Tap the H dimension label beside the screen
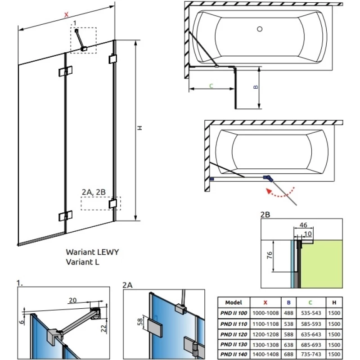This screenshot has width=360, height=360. pos(140,128)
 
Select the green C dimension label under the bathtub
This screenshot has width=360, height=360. pos(211,85)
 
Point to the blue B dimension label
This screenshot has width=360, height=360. pos(255,87)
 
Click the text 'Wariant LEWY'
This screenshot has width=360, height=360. pos(92,252)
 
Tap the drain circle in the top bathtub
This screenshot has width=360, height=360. pos(259,30)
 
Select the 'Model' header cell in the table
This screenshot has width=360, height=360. pos(234,303)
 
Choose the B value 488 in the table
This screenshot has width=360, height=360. pos(288,313)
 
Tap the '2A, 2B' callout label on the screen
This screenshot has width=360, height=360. pos(93,192)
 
